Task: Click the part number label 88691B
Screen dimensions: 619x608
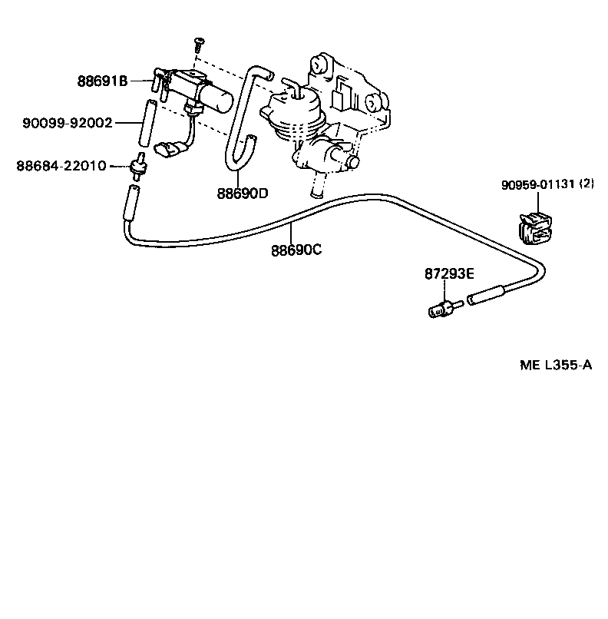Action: [x=102, y=80]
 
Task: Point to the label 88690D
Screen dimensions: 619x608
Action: [x=242, y=193]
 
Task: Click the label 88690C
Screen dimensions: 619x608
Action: [x=296, y=250]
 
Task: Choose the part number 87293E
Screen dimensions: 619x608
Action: [x=449, y=273]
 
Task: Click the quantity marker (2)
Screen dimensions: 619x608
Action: [x=587, y=184]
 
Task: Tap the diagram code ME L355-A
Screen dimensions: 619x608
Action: [x=556, y=366]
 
